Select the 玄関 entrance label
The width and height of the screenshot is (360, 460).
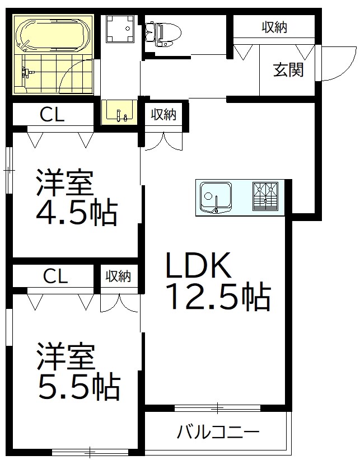pos(288,71)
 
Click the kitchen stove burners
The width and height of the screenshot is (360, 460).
pos(265,196)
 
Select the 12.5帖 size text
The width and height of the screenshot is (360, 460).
pos(218,298)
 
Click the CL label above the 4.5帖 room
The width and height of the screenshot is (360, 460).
pos(52,115)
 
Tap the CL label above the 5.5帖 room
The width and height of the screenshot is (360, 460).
pos(55,276)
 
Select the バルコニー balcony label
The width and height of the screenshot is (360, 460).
pos(218,432)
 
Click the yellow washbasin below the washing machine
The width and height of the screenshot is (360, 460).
pos(119,111)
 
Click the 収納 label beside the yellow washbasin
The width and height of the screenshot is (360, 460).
pos(163,115)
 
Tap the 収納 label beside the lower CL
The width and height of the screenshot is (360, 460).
pos(118,276)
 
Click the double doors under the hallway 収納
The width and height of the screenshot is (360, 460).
pos(163,140)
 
